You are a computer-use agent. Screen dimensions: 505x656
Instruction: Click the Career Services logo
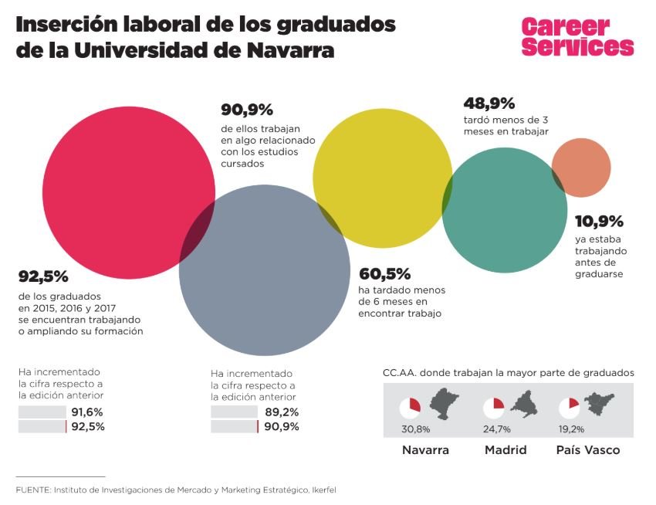point(577,36)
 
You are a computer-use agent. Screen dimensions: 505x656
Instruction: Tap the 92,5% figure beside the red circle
point(44,276)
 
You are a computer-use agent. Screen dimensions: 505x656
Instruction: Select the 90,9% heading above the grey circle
point(247,110)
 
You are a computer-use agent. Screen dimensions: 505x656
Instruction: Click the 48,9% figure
point(489,103)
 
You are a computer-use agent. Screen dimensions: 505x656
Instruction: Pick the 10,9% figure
point(600,222)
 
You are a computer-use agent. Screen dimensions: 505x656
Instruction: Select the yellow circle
point(382,177)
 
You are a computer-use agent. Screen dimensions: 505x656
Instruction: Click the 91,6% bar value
point(87,412)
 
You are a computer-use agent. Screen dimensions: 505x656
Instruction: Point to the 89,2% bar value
point(282,412)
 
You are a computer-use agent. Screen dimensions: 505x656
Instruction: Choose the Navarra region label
point(425,450)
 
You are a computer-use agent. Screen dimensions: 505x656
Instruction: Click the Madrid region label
point(506,450)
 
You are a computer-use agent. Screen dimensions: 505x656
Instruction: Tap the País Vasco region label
point(588,450)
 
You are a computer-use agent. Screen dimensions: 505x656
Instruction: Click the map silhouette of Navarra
point(444,405)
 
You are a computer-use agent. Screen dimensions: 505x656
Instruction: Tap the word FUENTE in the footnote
point(32,490)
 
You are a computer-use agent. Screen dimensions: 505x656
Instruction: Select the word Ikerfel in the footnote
point(322,490)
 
